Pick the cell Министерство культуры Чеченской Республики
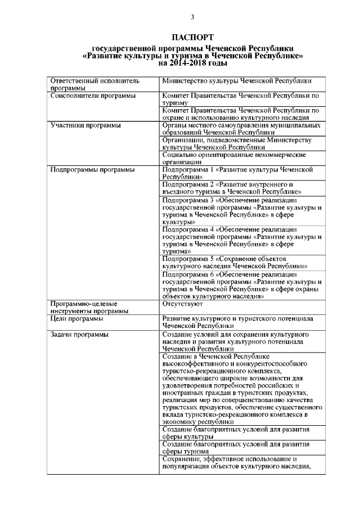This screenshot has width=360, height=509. point(236,81)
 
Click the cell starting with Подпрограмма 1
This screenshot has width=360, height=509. point(236,173)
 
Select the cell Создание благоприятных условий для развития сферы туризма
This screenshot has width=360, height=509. point(236,448)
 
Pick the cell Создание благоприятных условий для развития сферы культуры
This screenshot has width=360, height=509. point(236,433)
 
